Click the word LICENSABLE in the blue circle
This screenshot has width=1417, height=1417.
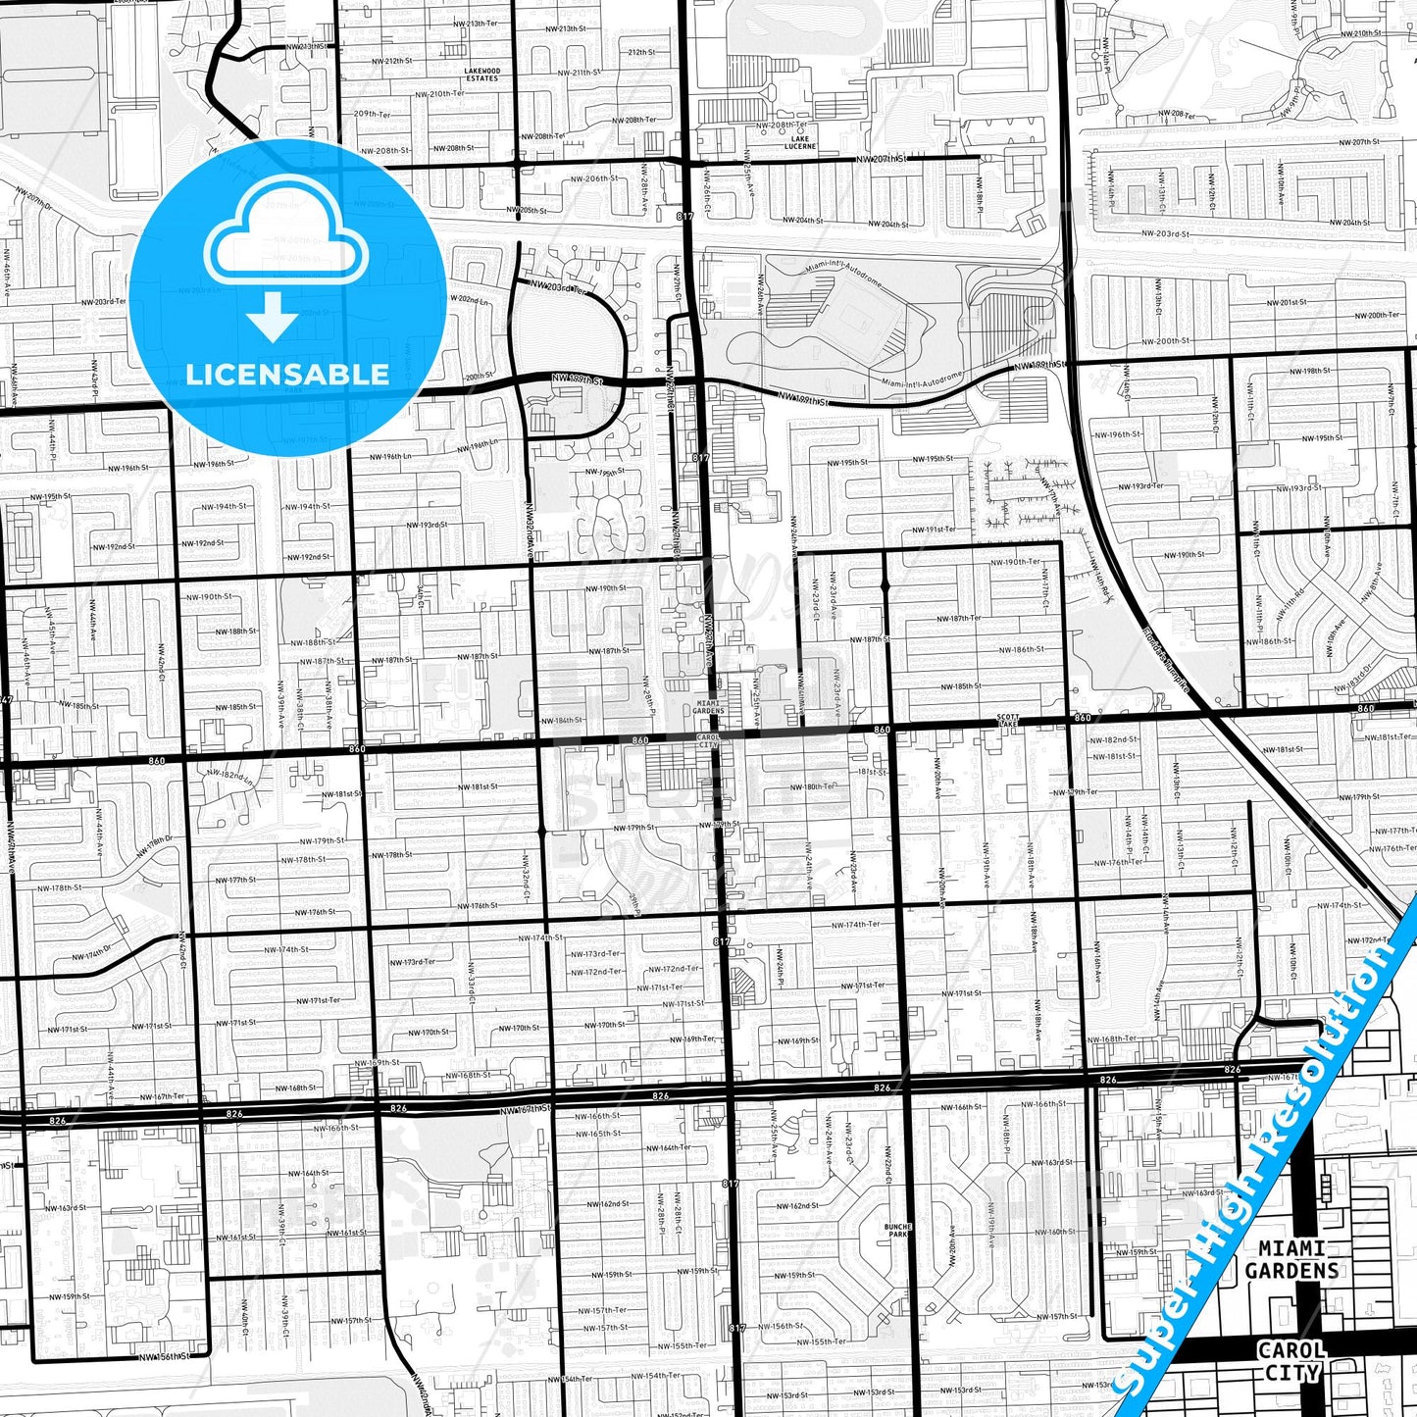287,374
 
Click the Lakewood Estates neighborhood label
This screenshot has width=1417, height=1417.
482,75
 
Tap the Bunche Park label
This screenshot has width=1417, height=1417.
897,1230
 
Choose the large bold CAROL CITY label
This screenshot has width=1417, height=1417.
1291,1361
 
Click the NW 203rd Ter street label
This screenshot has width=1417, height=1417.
557,286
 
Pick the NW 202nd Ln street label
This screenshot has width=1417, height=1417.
467,299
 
